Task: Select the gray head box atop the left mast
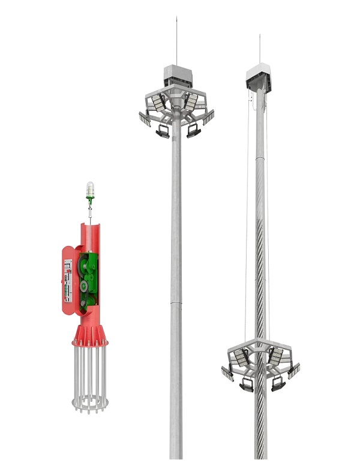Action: pyautogui.click(x=177, y=75)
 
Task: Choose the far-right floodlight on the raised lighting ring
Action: pyautogui.click(x=208, y=118)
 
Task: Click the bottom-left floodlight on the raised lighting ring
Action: pyautogui.click(x=163, y=130)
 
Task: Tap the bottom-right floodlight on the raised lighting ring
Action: pyautogui.click(x=193, y=130)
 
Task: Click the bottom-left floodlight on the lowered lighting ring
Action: pyautogui.click(x=247, y=384)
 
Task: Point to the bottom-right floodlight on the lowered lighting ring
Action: pyautogui.click(x=278, y=384)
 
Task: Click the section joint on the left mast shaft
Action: pyautogui.click(x=176, y=303)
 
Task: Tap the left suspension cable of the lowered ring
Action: pyautogui.click(x=246, y=240)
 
